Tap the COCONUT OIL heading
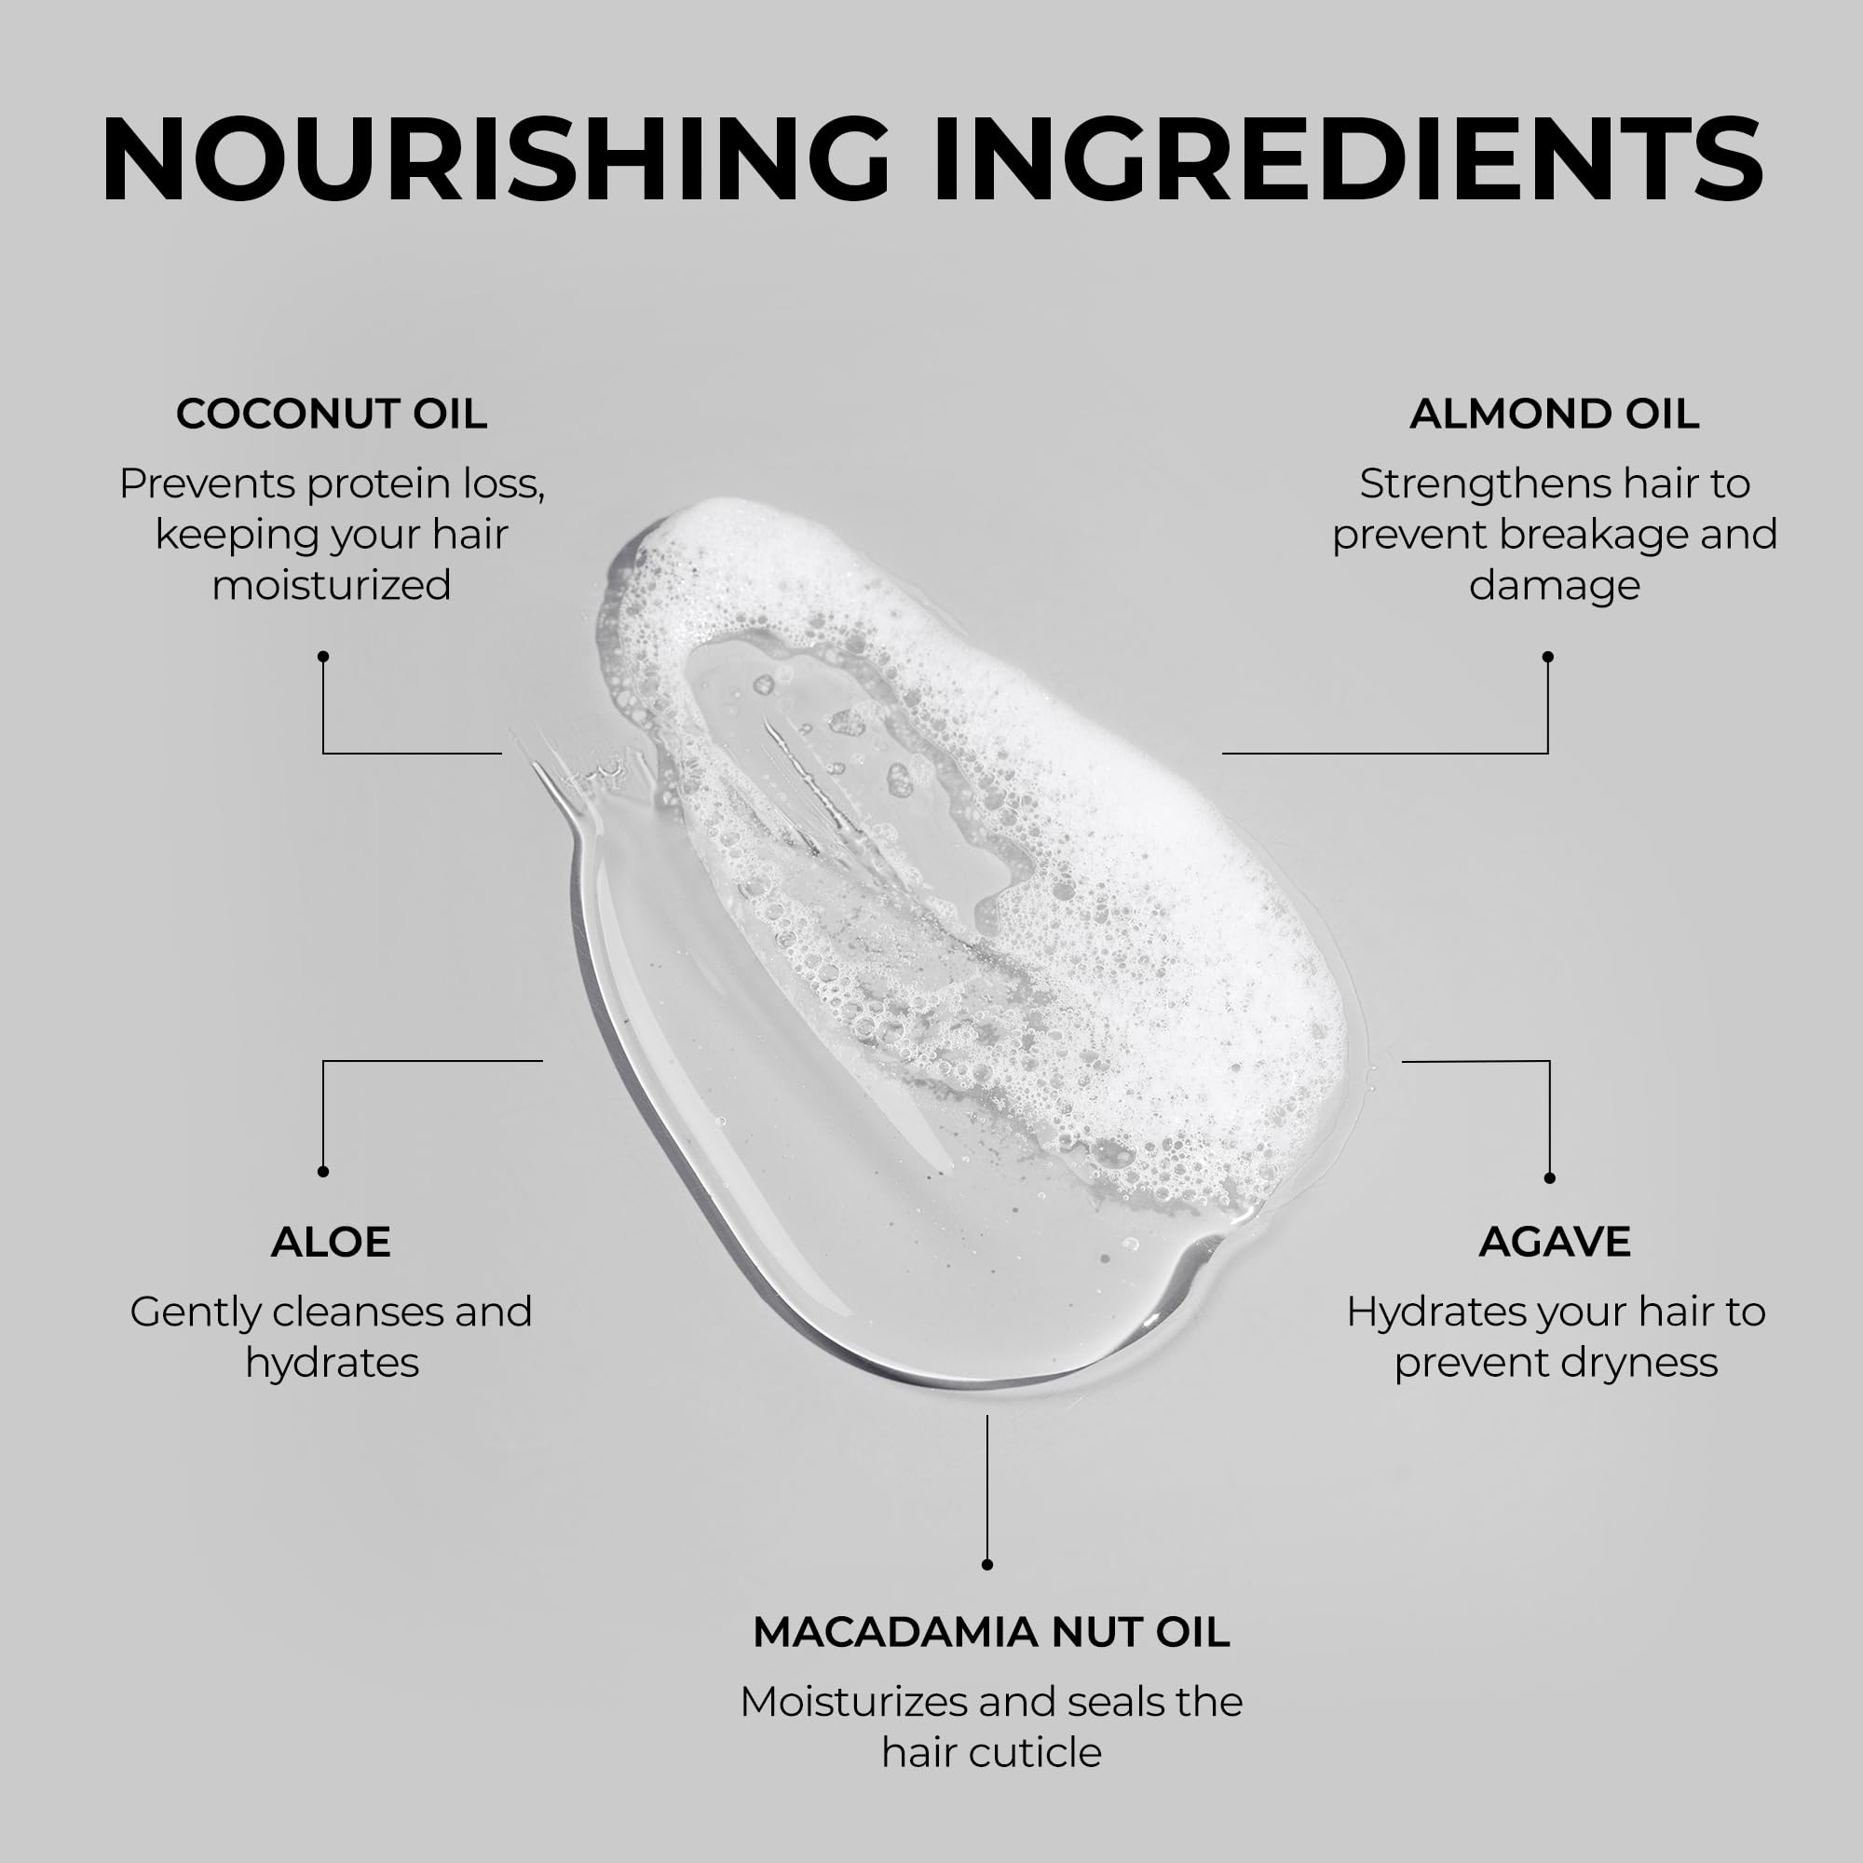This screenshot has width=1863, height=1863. tap(332, 414)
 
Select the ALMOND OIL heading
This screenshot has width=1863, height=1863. tap(1554, 414)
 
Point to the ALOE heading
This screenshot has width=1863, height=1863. tap(331, 1242)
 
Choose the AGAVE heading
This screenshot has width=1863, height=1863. tap(1555, 1242)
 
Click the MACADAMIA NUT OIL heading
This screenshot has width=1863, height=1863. tap(991, 1633)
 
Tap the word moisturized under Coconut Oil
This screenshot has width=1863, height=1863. tap(332, 585)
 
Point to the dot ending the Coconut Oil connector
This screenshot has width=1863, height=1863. tap(323, 657)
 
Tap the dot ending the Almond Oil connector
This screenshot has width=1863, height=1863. tap(1547, 657)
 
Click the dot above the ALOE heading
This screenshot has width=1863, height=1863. tap(323, 1172)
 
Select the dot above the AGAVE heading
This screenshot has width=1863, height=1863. tap(1550, 1178)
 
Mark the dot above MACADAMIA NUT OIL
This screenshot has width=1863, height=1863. tap(986, 1565)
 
